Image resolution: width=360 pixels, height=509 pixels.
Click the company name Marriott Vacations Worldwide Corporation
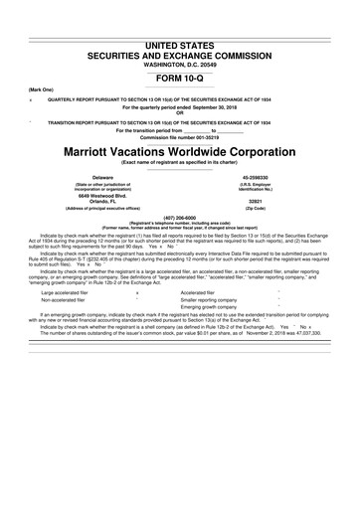179,154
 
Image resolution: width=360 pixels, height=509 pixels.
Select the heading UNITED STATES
179,47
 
